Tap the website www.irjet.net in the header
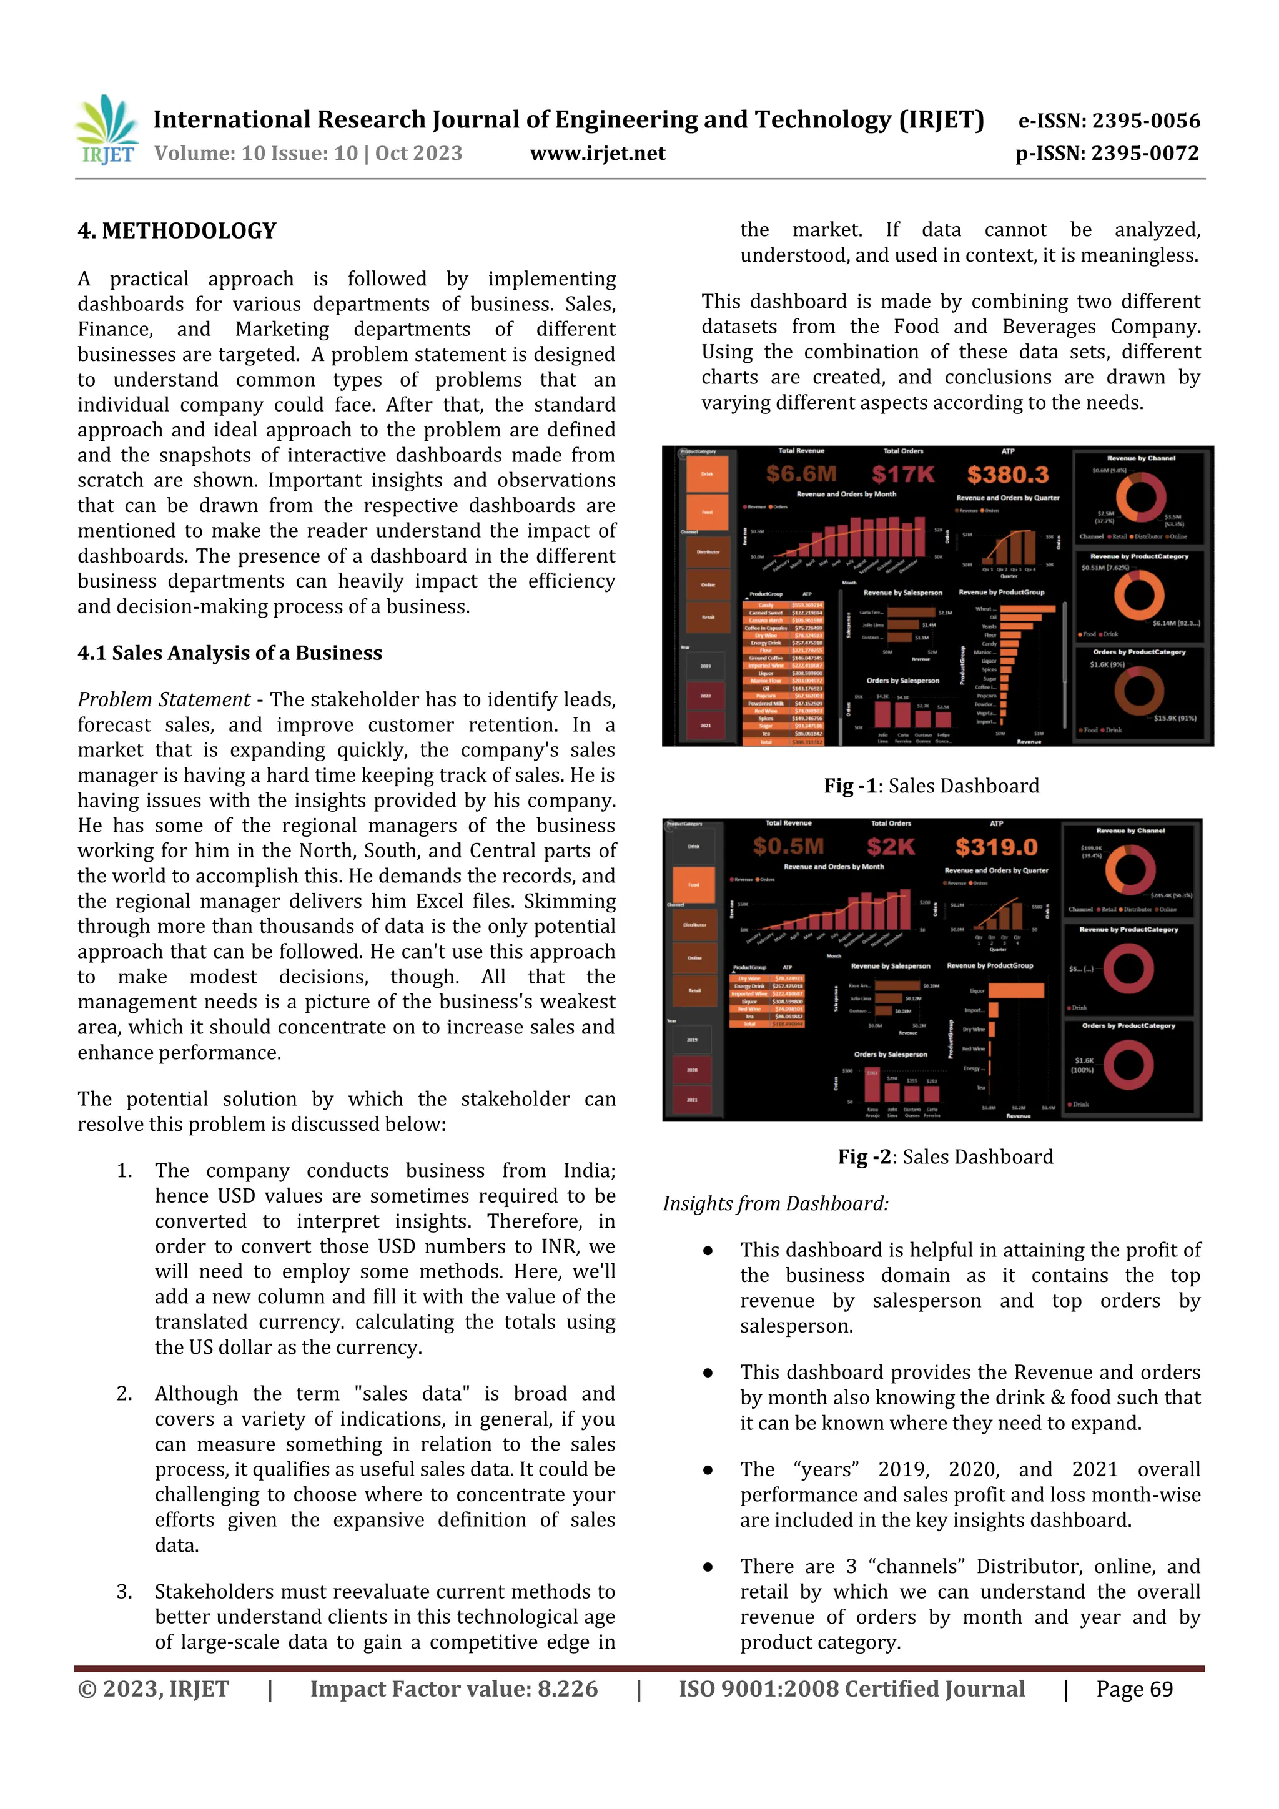(x=597, y=154)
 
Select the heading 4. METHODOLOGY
(x=177, y=231)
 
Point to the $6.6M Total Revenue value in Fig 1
(x=801, y=475)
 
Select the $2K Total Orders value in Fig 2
(x=891, y=847)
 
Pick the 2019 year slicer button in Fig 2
(x=692, y=1040)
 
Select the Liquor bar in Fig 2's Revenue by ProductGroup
(x=1016, y=991)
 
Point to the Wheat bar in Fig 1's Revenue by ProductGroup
(x=1027, y=609)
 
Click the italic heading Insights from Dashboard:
(x=776, y=1204)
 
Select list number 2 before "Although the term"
(x=124, y=1394)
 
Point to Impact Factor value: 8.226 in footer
(x=453, y=1689)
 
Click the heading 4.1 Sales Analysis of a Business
(x=229, y=653)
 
